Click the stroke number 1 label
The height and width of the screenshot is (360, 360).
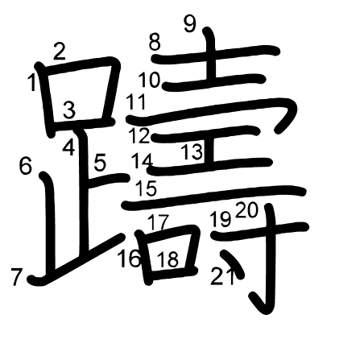[32, 83]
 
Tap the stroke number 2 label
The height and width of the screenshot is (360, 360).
[60, 52]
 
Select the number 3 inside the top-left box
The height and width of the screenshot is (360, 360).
[69, 110]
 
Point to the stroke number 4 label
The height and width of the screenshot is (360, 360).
[68, 148]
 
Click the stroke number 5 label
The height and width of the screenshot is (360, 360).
[100, 163]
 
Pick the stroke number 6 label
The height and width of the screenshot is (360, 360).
[26, 166]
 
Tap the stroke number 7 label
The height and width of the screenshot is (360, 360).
[16, 277]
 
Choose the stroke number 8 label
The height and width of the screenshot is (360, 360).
[155, 43]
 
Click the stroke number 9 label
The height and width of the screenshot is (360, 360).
[190, 23]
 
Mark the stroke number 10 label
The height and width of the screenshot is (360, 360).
[149, 80]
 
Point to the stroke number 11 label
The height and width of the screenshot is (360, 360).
[136, 101]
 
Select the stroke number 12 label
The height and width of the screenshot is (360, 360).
[139, 135]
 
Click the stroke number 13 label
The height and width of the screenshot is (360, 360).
[192, 151]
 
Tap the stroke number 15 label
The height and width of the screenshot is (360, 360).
[147, 188]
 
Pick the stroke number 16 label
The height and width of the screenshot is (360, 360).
[130, 259]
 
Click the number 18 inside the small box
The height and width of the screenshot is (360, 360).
[168, 259]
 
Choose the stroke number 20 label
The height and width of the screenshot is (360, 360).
[246, 210]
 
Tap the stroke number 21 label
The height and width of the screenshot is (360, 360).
[222, 276]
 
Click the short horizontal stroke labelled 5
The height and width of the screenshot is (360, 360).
[109, 180]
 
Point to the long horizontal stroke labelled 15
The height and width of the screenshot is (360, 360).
[214, 197]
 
